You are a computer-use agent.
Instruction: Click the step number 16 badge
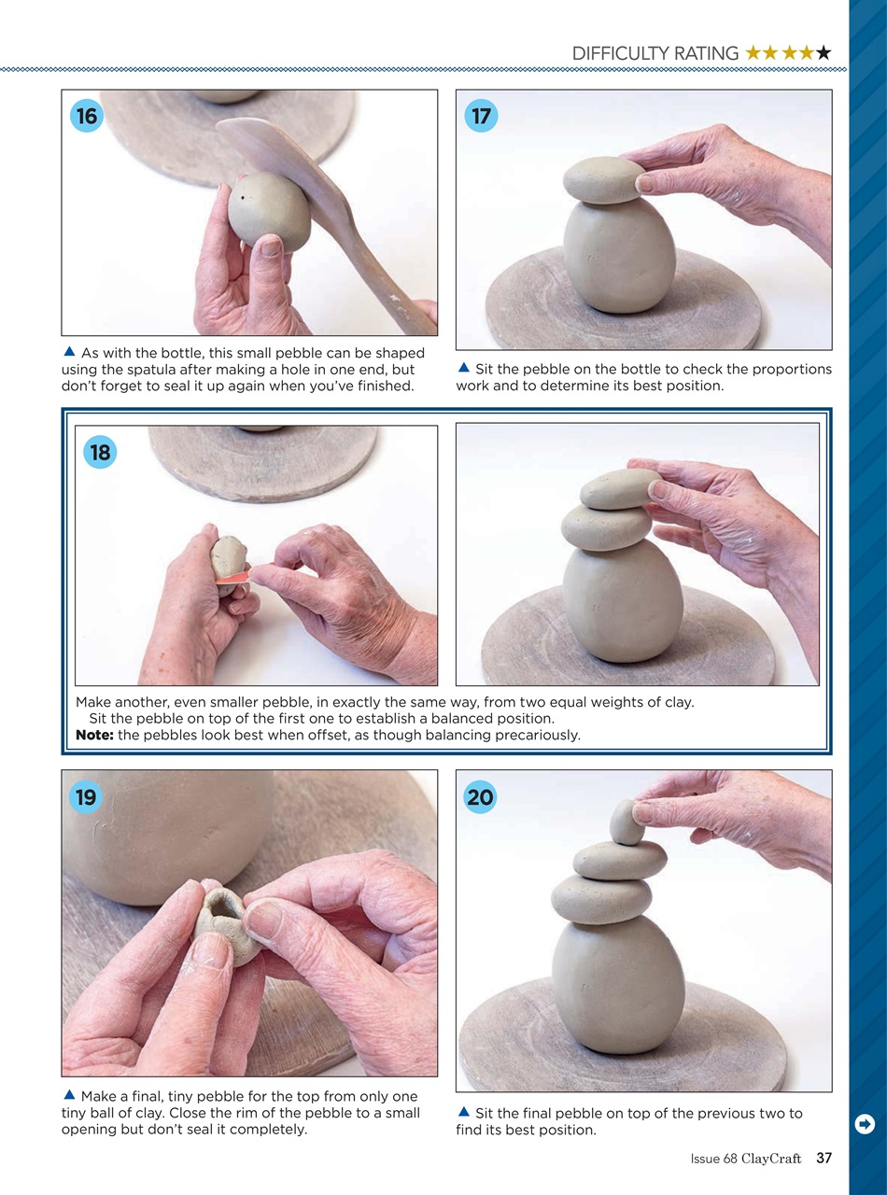tap(87, 117)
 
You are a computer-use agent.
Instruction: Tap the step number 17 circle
tap(481, 117)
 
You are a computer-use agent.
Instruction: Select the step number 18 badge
tap(100, 453)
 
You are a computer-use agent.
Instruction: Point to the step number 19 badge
tap(87, 797)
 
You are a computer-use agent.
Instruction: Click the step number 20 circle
tap(481, 797)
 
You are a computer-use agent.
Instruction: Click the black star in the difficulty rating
tap(824, 53)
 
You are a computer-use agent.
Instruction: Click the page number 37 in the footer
tap(824, 1159)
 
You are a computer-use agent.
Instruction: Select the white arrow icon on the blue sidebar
tap(865, 1124)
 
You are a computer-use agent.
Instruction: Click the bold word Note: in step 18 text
tap(94, 735)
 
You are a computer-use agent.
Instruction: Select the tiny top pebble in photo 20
tap(626, 822)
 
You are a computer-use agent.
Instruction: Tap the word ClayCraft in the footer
tap(771, 1159)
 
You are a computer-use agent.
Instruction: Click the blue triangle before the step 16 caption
tap(69, 352)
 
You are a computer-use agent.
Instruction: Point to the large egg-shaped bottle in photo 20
tap(618, 985)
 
